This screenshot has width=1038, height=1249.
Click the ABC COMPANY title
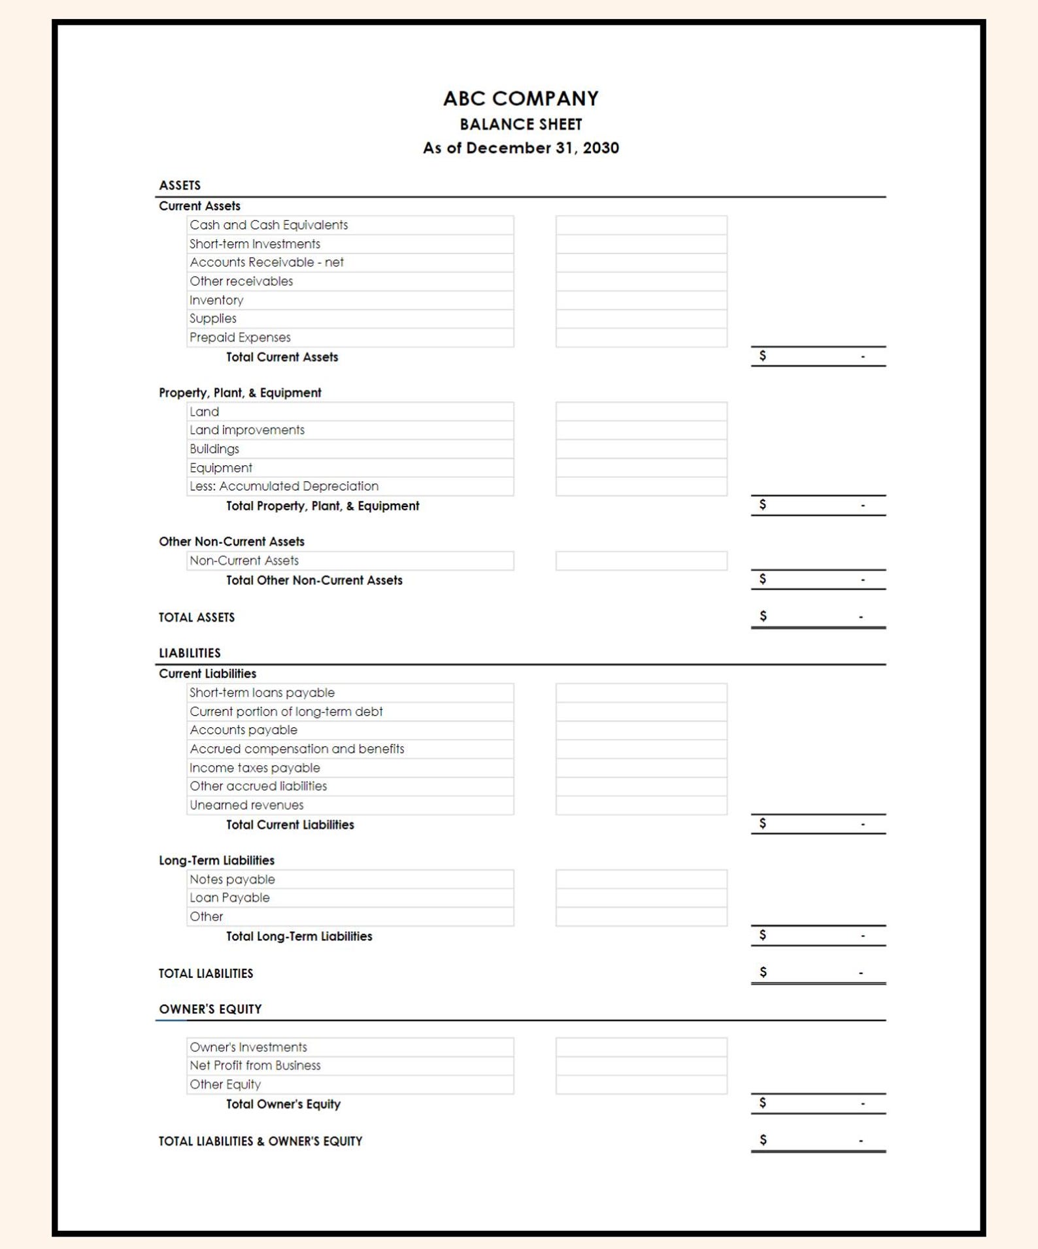tap(520, 99)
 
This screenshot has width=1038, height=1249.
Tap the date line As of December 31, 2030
tap(520, 148)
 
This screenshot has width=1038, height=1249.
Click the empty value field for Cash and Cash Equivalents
tap(641, 225)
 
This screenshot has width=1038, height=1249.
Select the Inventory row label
tap(216, 301)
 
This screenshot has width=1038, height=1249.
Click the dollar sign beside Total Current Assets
tap(762, 356)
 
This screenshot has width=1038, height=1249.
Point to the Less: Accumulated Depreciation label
tap(284, 486)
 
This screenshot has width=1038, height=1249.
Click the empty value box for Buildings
tap(641, 449)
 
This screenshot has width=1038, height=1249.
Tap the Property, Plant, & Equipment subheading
tap(240, 393)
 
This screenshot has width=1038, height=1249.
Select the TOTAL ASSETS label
tap(196, 618)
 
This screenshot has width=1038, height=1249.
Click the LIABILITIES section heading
tap(190, 653)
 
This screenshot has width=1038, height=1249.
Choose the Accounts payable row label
tap(243, 730)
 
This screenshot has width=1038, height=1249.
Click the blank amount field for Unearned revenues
tap(641, 805)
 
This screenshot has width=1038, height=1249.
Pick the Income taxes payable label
tap(254, 768)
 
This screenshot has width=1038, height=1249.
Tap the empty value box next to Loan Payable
tap(641, 898)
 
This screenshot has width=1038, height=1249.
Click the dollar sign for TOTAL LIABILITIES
tap(762, 973)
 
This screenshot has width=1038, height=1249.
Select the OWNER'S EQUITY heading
tap(210, 1009)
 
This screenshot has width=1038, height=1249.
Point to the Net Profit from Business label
tap(255, 1066)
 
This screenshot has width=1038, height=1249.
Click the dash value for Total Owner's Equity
tap(862, 1104)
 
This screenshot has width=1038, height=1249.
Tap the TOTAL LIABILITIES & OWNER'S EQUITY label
tap(260, 1141)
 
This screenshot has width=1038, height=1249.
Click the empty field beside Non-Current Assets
tap(641, 561)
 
